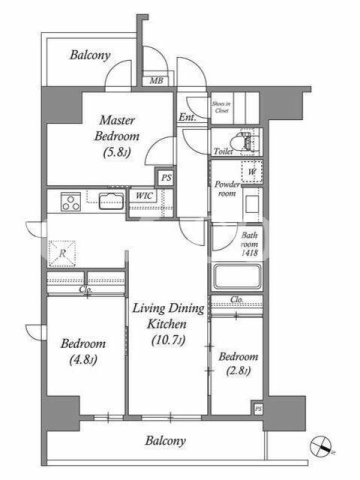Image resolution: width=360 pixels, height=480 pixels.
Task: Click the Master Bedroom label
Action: (x=116, y=128)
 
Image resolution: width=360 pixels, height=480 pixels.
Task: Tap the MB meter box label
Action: (x=156, y=81)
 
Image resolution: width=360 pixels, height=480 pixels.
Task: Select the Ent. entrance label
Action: (x=187, y=117)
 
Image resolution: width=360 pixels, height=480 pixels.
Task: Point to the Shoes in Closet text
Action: (x=221, y=107)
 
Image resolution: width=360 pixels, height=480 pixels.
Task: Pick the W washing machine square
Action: (x=251, y=171)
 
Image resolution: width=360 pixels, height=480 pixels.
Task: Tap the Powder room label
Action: (x=227, y=189)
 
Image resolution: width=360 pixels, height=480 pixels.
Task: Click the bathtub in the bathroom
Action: (x=237, y=277)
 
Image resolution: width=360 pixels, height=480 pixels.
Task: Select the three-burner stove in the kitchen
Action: (x=71, y=202)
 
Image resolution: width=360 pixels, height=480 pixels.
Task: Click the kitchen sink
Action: (x=112, y=201)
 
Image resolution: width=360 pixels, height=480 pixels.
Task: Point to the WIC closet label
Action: (x=144, y=196)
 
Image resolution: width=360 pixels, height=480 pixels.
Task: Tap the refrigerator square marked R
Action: (x=62, y=253)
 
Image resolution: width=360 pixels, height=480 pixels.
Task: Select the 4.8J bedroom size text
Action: (x=83, y=360)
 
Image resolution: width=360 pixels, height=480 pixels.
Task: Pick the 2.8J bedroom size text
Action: (x=238, y=371)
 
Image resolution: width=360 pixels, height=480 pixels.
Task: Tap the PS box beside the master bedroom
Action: (x=166, y=178)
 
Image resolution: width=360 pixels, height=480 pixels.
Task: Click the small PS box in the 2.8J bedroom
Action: (x=259, y=409)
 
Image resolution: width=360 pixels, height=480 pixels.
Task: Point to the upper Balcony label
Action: (x=90, y=55)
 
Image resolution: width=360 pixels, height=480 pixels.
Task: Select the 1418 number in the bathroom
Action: (x=250, y=253)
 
